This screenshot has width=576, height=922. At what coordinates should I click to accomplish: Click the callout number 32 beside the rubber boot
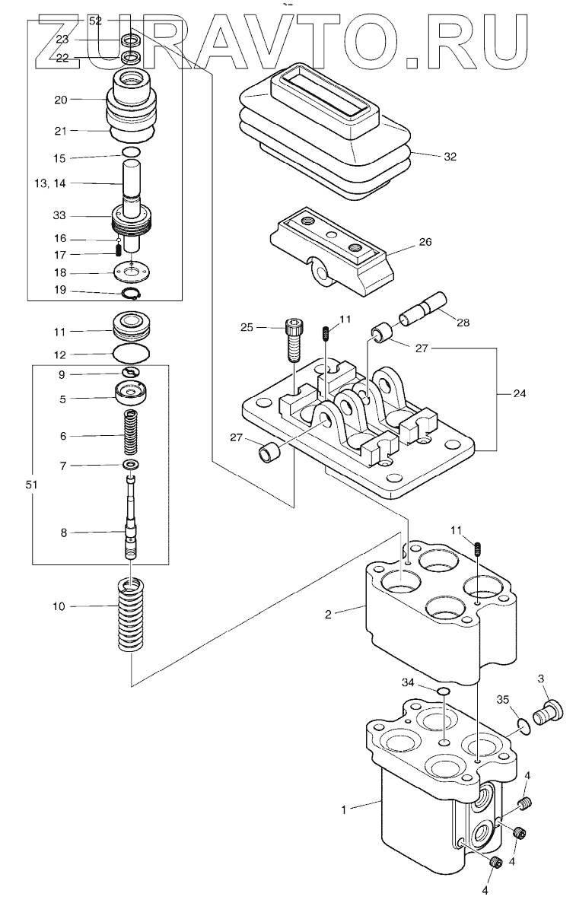(x=450, y=157)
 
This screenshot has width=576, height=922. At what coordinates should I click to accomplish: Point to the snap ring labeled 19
(x=132, y=293)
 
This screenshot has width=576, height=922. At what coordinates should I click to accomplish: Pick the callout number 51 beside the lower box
(x=32, y=485)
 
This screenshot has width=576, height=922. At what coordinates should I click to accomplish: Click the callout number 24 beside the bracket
(x=520, y=393)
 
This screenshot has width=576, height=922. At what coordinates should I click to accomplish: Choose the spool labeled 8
(x=132, y=517)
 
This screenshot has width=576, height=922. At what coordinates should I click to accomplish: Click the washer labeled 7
(x=131, y=465)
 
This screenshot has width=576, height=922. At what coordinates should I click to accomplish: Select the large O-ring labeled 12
(x=132, y=353)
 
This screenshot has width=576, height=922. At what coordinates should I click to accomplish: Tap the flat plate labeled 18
(x=132, y=272)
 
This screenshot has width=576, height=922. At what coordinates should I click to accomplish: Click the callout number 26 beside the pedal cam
(x=425, y=242)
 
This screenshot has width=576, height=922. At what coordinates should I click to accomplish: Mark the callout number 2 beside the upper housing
(x=328, y=615)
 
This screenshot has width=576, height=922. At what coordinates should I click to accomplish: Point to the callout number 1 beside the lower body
(x=344, y=809)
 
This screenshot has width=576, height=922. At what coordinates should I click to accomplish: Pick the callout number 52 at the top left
(x=95, y=21)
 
